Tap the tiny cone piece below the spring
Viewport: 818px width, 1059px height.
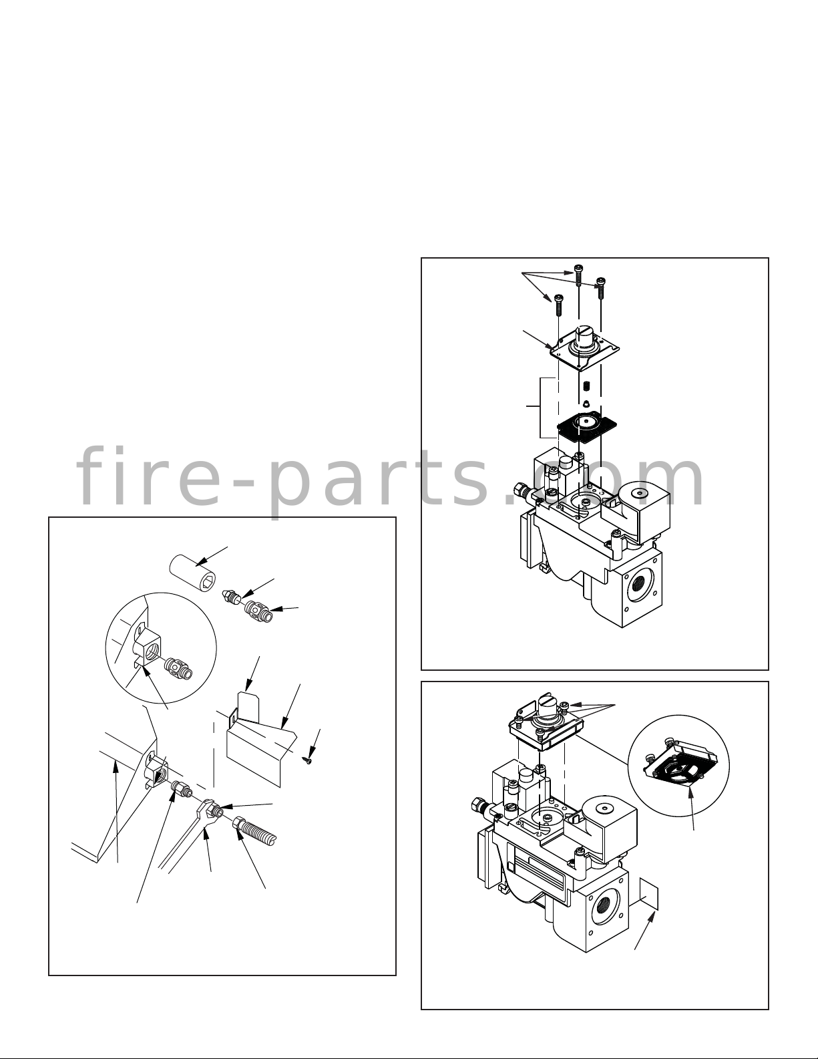(586, 403)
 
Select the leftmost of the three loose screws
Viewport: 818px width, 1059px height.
(558, 305)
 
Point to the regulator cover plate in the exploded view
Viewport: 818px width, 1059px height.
(584, 349)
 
